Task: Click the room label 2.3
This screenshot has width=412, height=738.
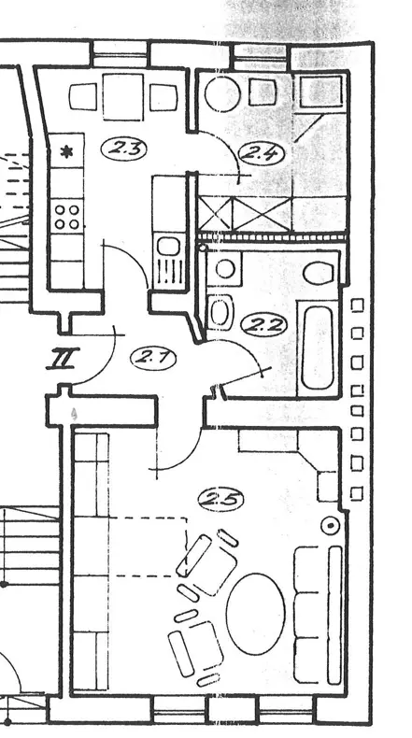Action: pyautogui.click(x=124, y=149)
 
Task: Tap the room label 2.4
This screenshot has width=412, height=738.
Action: pyautogui.click(x=262, y=154)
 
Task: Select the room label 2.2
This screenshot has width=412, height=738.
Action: pyautogui.click(x=263, y=325)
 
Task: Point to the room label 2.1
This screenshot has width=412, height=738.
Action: pyautogui.click(x=153, y=359)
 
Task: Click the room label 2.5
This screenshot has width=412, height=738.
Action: pyautogui.click(x=220, y=499)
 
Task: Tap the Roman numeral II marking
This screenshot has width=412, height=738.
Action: pyautogui.click(x=63, y=359)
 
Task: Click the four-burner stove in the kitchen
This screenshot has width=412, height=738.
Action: pyautogui.click(x=67, y=217)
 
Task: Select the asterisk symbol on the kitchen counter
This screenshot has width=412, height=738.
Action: pyautogui.click(x=67, y=152)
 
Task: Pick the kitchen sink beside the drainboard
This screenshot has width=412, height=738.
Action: pyautogui.click(x=168, y=247)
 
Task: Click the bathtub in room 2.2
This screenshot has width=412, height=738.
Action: pyautogui.click(x=318, y=348)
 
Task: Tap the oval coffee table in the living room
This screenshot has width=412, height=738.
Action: pyautogui.click(x=256, y=613)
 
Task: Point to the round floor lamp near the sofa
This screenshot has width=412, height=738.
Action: pyautogui.click(x=331, y=525)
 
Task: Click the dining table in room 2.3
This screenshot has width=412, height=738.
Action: pyautogui.click(x=123, y=97)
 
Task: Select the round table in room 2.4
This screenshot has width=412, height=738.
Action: pyautogui.click(x=222, y=94)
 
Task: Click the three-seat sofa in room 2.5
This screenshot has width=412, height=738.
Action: pyautogui.click(x=319, y=615)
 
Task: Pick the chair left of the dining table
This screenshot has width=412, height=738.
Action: pyautogui.click(x=83, y=96)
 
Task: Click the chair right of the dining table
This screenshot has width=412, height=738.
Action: pyautogui.click(x=163, y=97)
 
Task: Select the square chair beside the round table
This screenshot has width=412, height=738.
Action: pyautogui.click(x=263, y=92)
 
